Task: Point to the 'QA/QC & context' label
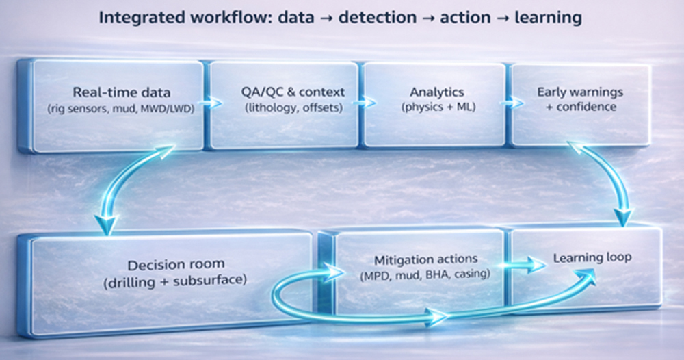[x=284, y=91]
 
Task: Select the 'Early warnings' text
[x=577, y=91]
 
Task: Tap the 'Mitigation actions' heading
[x=417, y=260]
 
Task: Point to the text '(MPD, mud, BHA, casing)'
[x=417, y=275]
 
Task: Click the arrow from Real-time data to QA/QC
[x=213, y=103]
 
